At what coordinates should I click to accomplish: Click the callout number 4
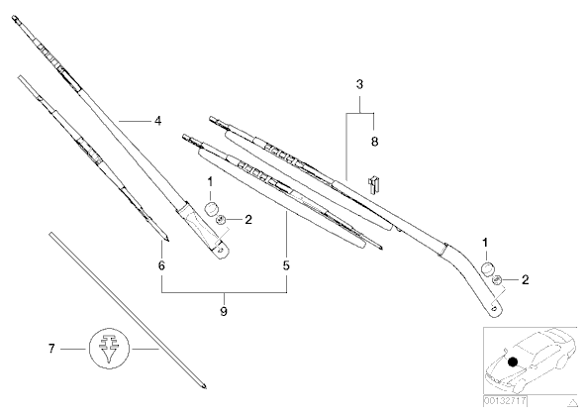[158, 121]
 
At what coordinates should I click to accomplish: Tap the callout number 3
[359, 84]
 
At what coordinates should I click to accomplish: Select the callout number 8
[374, 142]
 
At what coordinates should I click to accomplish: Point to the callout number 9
[224, 311]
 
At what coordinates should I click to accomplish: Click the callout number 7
[51, 349]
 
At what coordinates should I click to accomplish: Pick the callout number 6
[161, 265]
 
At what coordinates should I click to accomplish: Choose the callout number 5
[286, 265]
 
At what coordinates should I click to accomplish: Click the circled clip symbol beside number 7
[109, 349]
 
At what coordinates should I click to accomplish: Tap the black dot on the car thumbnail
[513, 362]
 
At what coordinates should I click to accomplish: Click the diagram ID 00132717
[505, 401]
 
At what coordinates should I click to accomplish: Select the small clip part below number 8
[374, 184]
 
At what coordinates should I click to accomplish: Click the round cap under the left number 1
[212, 209]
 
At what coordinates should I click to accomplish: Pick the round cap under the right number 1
[487, 268]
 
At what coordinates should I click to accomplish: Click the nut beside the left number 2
[221, 220]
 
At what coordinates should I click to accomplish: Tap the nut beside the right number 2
[497, 279]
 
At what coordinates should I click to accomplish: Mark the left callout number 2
[248, 220]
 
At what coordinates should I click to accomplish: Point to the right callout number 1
[485, 243]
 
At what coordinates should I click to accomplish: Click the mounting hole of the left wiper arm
[222, 251]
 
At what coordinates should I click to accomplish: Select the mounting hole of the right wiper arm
[494, 308]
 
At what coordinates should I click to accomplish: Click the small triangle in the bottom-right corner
[572, 403]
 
